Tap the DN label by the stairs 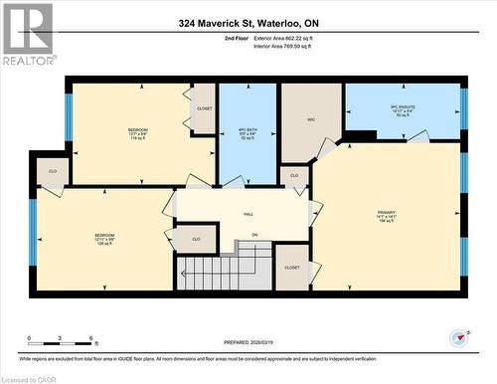[x=254, y=235]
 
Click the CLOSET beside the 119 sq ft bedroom [x=204, y=109]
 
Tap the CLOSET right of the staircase [x=292, y=268]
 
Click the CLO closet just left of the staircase [x=196, y=239]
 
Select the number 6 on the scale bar [x=91, y=339]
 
